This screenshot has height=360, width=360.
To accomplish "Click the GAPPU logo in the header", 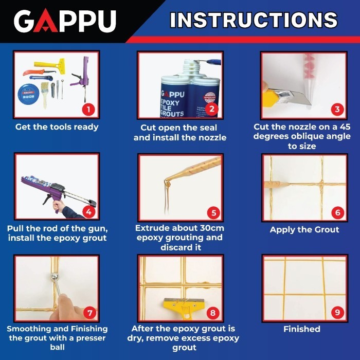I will [65, 21].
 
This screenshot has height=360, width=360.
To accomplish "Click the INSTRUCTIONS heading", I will [254, 20].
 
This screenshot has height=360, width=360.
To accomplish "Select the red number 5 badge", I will [212, 212].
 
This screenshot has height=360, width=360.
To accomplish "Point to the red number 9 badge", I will [336, 312].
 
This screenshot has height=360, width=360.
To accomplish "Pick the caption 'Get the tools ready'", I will [57, 127].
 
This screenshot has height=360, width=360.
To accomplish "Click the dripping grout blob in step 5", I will [167, 184].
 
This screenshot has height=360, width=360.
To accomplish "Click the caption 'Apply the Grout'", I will [304, 229].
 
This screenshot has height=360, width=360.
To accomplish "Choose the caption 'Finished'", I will [302, 329].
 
